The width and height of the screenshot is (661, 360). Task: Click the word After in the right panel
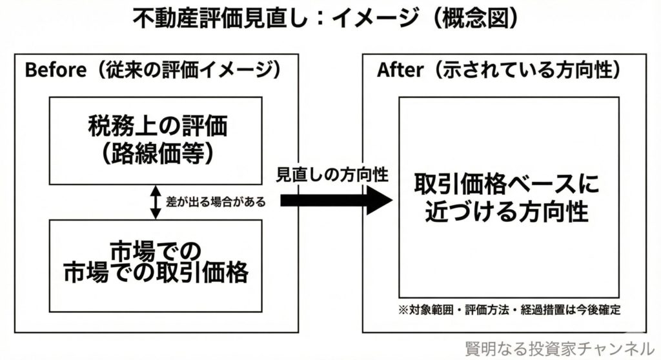pos(400,71)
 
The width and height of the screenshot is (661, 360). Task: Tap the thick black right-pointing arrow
pos(336,201)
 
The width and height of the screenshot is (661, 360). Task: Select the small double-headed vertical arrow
pos(155,202)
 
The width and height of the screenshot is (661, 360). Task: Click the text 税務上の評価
pos(155,126)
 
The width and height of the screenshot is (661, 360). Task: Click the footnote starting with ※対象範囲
pos(507,310)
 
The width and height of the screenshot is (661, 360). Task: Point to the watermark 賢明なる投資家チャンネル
pos(560,347)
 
